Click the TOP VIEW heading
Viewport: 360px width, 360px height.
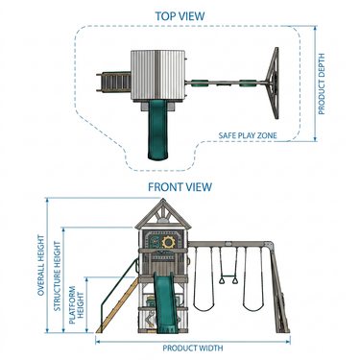point(180,16)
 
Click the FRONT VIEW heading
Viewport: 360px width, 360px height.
point(180,187)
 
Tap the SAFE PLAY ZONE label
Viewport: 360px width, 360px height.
point(248,135)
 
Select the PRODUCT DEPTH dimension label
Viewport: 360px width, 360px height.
point(322,84)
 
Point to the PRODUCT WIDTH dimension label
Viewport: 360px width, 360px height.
point(193,348)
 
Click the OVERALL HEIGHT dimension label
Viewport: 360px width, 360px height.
point(41,265)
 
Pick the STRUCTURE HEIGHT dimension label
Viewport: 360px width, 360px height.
point(57,276)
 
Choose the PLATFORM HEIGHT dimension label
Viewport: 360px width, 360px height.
point(76,304)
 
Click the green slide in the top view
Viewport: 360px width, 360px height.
point(157,130)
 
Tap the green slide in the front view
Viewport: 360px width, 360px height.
point(164,302)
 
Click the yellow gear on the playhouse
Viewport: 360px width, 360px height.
point(167,242)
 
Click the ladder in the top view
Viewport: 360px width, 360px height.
point(114,83)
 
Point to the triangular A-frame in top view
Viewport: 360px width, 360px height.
point(273,84)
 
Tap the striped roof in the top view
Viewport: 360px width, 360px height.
point(158,76)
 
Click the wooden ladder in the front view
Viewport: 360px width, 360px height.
point(117,305)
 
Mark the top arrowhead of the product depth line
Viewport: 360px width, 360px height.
point(315,28)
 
